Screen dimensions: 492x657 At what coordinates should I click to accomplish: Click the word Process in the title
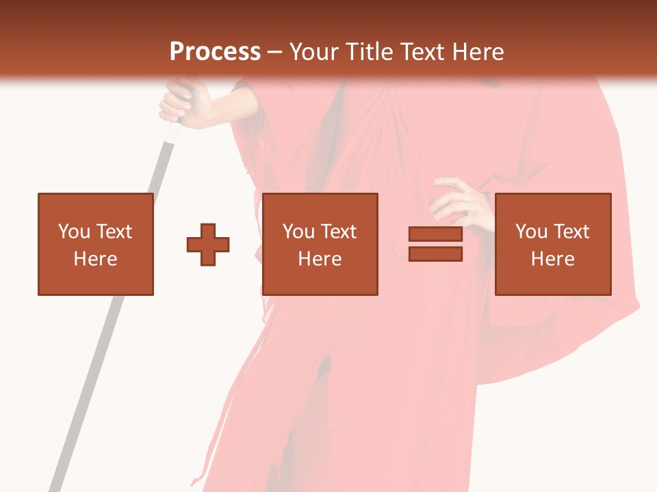215,52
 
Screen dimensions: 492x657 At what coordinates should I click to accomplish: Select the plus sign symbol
208,245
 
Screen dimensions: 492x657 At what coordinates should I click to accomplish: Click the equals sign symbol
435,245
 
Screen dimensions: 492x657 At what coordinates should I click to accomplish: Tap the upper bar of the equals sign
435,234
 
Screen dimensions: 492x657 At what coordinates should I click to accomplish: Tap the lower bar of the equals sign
435,254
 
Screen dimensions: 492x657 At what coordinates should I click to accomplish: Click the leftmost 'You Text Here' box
96,244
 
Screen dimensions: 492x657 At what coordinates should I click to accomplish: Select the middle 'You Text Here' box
320,244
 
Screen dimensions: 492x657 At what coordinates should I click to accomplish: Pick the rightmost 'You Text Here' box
552,244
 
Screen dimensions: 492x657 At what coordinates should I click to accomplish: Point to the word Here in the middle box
320,259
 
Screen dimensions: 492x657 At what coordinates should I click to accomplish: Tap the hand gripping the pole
181,102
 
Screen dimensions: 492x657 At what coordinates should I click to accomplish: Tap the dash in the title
274,52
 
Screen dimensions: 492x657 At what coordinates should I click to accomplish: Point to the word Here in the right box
552,259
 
